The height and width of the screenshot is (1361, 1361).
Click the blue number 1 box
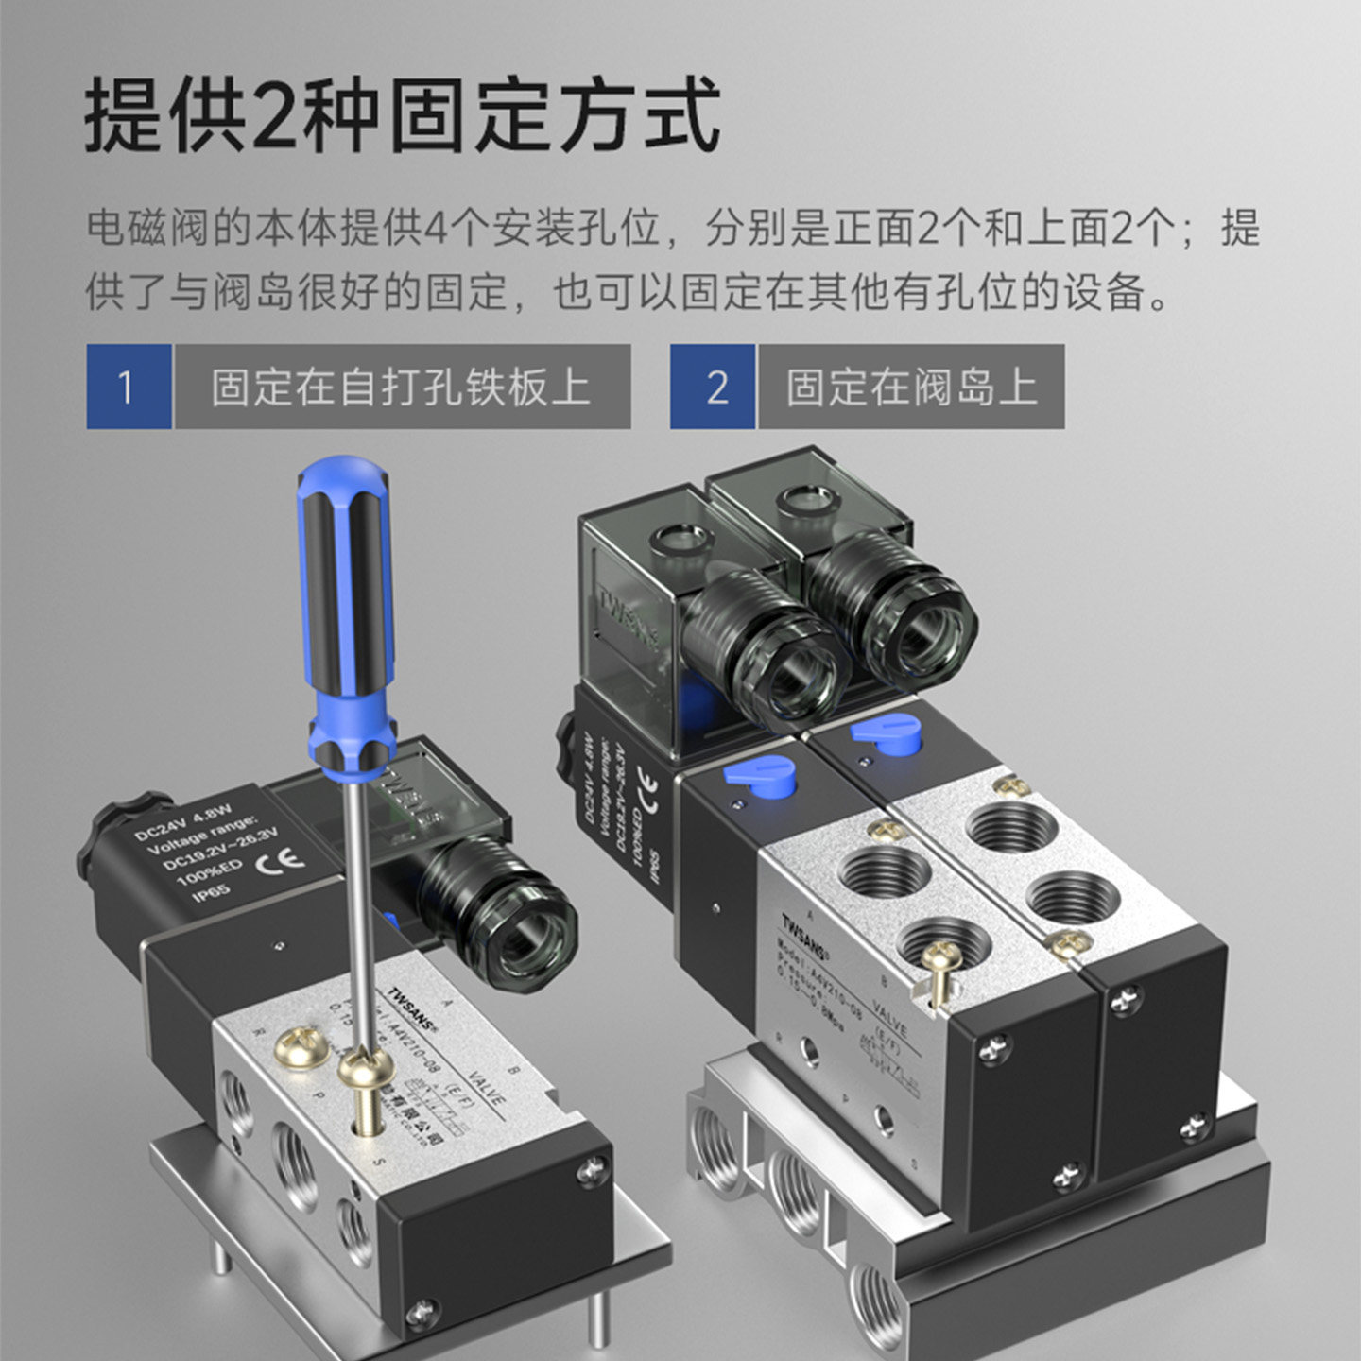click(x=129, y=387)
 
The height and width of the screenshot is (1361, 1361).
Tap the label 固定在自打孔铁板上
click(x=402, y=387)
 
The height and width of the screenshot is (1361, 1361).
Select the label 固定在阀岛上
click(x=911, y=387)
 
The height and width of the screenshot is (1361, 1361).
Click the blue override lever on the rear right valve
click(x=887, y=732)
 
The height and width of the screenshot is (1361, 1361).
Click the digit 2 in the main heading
click(x=274, y=115)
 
